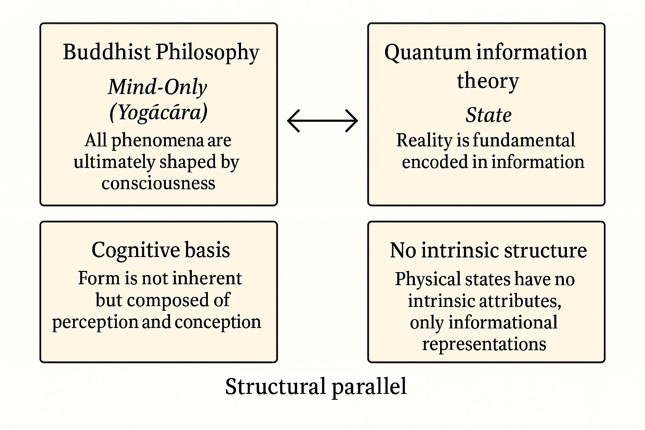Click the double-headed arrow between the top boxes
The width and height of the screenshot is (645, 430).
point(322,121)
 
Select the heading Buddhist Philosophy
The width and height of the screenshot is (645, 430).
point(161,52)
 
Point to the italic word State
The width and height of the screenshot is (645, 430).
point(488,115)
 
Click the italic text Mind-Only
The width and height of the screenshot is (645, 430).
point(157,87)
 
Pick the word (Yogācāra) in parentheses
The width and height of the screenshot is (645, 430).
point(158,112)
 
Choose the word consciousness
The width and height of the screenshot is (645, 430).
point(158,183)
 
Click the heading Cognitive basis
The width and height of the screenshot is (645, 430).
point(160,250)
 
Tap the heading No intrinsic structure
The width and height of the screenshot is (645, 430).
point(488,250)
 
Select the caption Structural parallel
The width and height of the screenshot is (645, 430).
point(316,386)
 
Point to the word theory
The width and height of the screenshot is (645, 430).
point(488,80)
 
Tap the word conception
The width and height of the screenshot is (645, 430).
point(218,322)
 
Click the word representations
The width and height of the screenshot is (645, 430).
point(484,344)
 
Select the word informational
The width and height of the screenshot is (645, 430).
point(503,322)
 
